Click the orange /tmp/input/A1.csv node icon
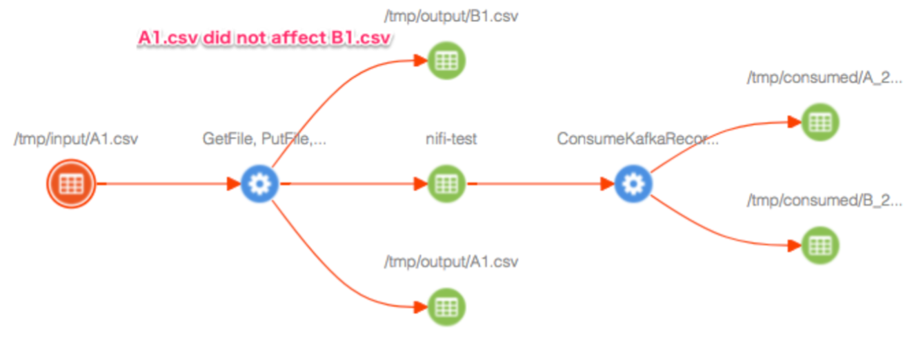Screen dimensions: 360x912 tap(70, 184)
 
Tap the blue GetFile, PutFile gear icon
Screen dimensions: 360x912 tap(260, 184)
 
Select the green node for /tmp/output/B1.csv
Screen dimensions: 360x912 tap(446, 61)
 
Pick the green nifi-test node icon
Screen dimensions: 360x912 tap(446, 184)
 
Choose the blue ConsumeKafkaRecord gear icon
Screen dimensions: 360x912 tap(633, 184)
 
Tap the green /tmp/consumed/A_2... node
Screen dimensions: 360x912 tap(820, 122)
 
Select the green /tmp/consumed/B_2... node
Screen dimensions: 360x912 tap(820, 245)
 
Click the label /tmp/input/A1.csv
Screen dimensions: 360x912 tap(76, 139)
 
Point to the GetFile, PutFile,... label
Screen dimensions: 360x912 tap(264, 139)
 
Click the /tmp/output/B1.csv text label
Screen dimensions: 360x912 tap(451, 17)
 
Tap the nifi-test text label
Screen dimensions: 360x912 tap(451, 139)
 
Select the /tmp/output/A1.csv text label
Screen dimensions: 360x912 tap(451, 262)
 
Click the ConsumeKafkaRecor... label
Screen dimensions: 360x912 tap(638, 139)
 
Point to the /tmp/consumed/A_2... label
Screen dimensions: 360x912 tap(824, 79)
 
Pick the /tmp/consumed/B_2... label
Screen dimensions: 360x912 tap(824, 201)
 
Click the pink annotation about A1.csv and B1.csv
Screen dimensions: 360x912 tap(265, 39)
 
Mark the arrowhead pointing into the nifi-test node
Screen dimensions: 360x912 tap(420, 184)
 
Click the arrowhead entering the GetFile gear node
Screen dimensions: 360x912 tap(234, 184)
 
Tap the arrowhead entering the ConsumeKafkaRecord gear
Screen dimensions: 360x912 tap(607, 184)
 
